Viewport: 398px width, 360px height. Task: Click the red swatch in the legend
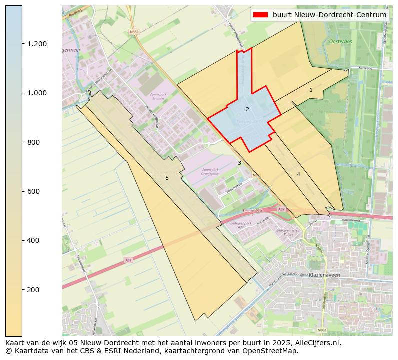(x=261, y=15)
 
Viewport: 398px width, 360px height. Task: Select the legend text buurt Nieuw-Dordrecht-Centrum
(x=329, y=15)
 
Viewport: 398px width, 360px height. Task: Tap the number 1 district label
(x=311, y=90)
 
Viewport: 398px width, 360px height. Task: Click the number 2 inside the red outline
(x=247, y=109)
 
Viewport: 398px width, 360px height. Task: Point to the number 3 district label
(x=239, y=163)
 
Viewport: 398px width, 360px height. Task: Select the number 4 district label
(x=298, y=174)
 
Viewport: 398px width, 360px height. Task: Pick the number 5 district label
(x=167, y=178)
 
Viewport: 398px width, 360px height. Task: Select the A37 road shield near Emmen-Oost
(x=281, y=209)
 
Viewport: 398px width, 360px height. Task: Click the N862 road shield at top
(x=134, y=31)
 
